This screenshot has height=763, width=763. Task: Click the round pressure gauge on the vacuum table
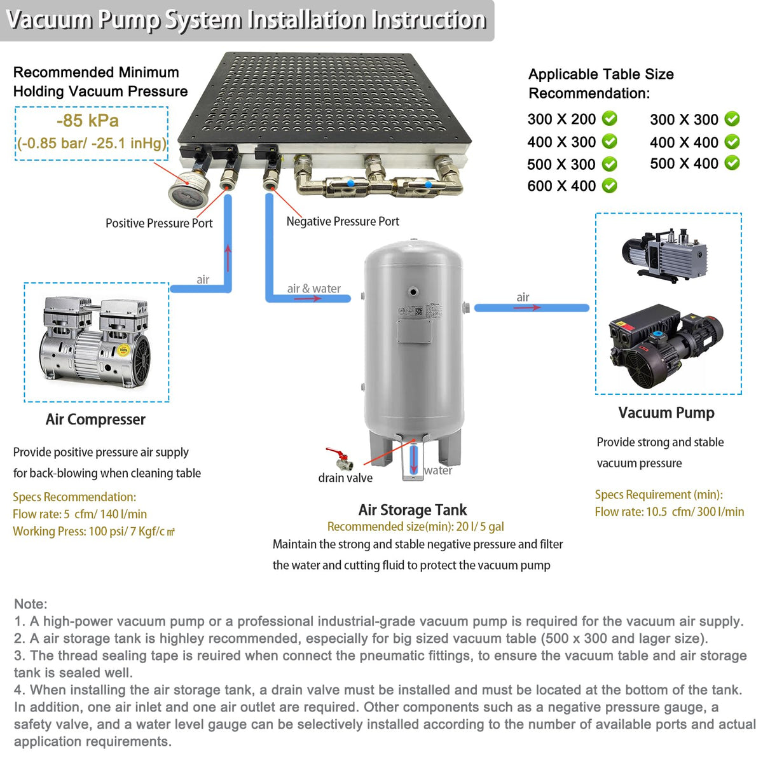point(189,188)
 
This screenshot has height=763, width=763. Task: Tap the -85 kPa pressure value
point(88,120)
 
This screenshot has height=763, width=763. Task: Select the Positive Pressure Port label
point(159,223)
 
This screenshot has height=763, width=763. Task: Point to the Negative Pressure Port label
point(343,221)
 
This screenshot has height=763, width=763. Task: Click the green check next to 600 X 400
point(609,185)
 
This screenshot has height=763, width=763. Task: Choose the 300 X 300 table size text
point(684,119)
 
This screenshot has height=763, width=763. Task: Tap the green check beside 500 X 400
point(732,163)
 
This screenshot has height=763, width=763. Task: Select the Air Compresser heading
point(95,419)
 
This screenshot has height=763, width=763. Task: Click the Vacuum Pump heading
point(666,413)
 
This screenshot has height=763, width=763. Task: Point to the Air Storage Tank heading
point(412,509)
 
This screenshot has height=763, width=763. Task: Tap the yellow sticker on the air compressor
point(123,350)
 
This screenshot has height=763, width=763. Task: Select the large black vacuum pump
point(666,345)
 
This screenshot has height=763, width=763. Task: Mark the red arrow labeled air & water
point(308,298)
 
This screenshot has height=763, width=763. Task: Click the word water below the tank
point(438,471)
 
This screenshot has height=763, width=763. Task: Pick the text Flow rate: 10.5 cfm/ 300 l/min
point(669,512)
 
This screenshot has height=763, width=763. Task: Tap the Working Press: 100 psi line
point(94,531)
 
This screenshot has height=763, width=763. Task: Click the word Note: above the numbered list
point(31,604)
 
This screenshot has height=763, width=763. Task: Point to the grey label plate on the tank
point(414,331)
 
